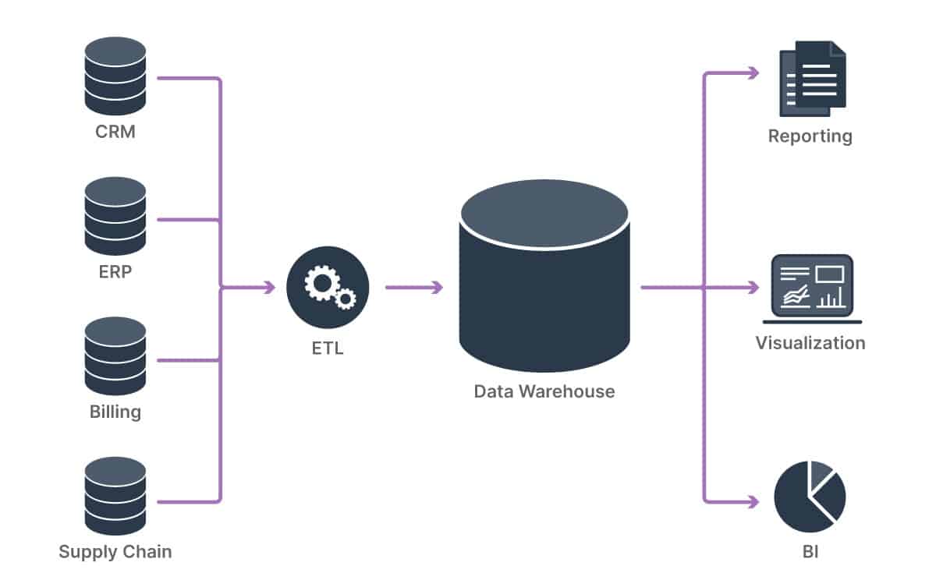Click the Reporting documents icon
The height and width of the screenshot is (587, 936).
click(811, 78)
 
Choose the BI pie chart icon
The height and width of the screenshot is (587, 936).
click(810, 497)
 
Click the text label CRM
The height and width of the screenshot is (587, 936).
click(115, 132)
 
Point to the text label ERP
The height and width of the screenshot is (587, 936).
click(115, 273)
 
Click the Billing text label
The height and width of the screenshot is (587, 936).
click(115, 412)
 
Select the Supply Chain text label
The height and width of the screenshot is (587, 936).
click(115, 553)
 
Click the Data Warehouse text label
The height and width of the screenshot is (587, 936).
click(544, 391)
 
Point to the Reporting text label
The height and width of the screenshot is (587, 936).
click(810, 136)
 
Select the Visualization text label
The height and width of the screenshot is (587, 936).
click(810, 343)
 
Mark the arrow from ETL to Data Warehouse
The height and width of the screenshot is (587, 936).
click(413, 288)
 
